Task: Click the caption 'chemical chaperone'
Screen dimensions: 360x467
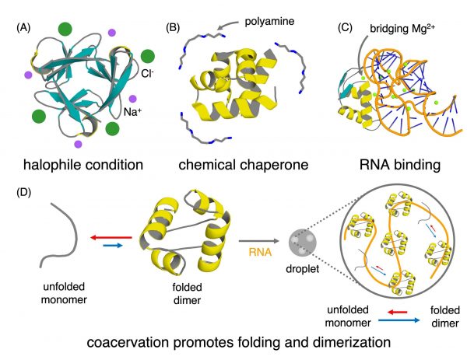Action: click(233, 164)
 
